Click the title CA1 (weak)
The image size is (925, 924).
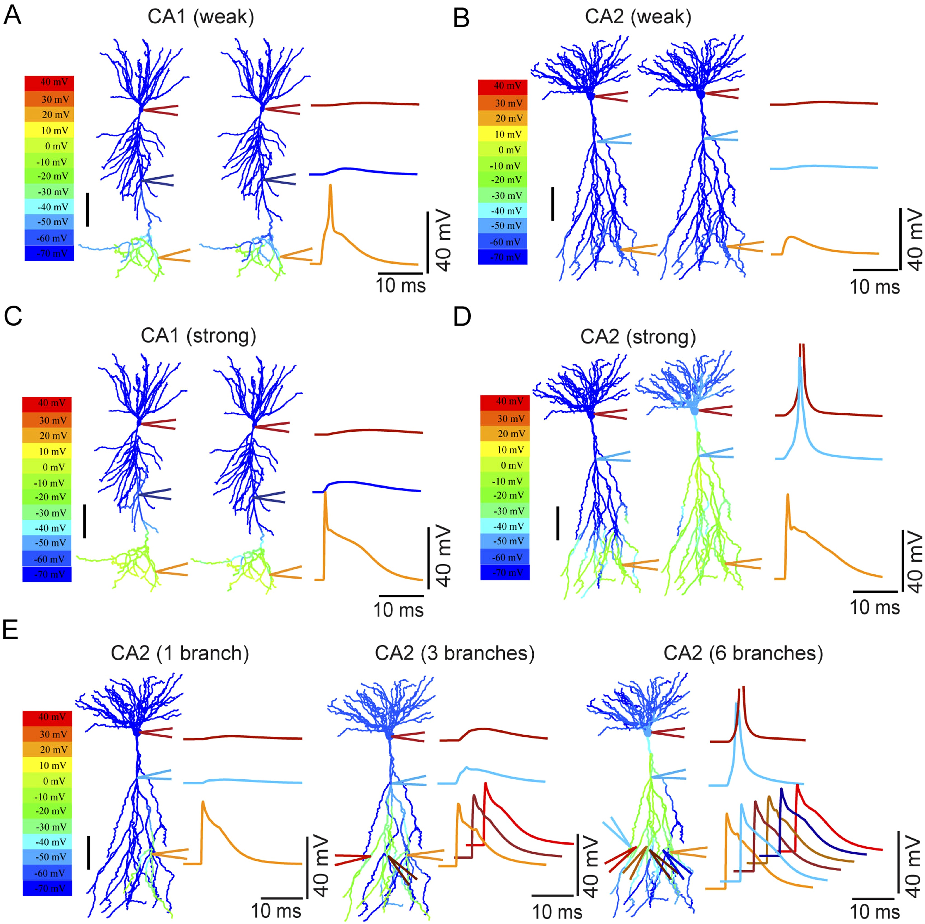(201, 17)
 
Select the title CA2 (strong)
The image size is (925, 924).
(638, 336)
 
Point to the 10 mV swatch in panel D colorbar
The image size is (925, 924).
(505, 450)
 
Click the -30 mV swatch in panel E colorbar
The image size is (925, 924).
(47, 826)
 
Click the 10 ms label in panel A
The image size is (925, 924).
(400, 286)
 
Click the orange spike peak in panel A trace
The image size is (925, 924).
(330, 186)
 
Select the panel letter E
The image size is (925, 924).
(11, 630)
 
